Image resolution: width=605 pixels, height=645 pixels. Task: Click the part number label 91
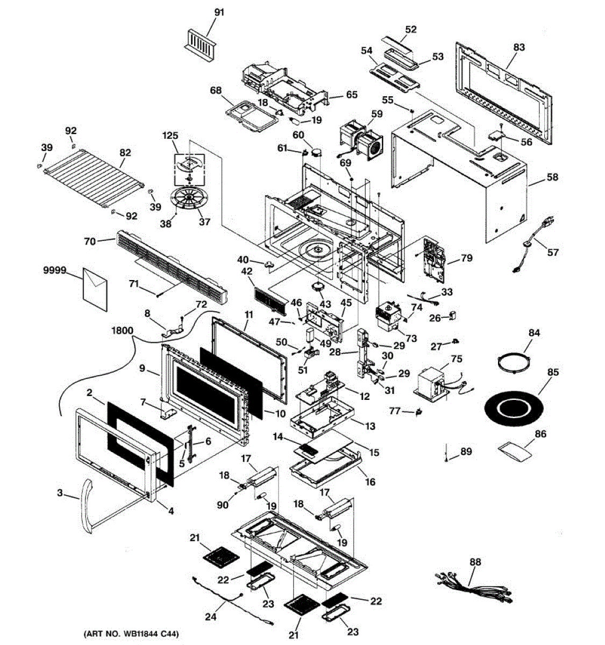pyautogui.click(x=219, y=12)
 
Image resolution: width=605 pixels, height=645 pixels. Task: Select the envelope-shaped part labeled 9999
pyautogui.click(x=95, y=286)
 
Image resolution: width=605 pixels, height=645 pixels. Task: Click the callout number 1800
pyautogui.click(x=122, y=331)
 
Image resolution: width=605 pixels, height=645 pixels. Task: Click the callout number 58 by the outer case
pyautogui.click(x=553, y=177)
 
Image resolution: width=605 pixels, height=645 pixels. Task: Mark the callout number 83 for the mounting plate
pyautogui.click(x=518, y=47)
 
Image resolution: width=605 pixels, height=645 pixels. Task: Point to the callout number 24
pyautogui.click(x=211, y=617)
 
